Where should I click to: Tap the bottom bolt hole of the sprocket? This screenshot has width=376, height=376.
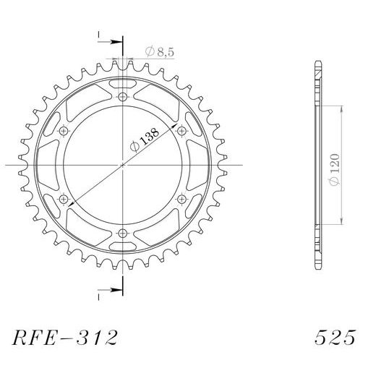coord(122,233)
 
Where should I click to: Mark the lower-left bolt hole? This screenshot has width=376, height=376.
coord(64,199)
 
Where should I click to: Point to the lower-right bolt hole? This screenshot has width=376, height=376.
coord(181,199)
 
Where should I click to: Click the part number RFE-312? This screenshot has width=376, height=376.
coord(64,338)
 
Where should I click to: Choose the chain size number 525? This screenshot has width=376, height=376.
coord(334,338)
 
